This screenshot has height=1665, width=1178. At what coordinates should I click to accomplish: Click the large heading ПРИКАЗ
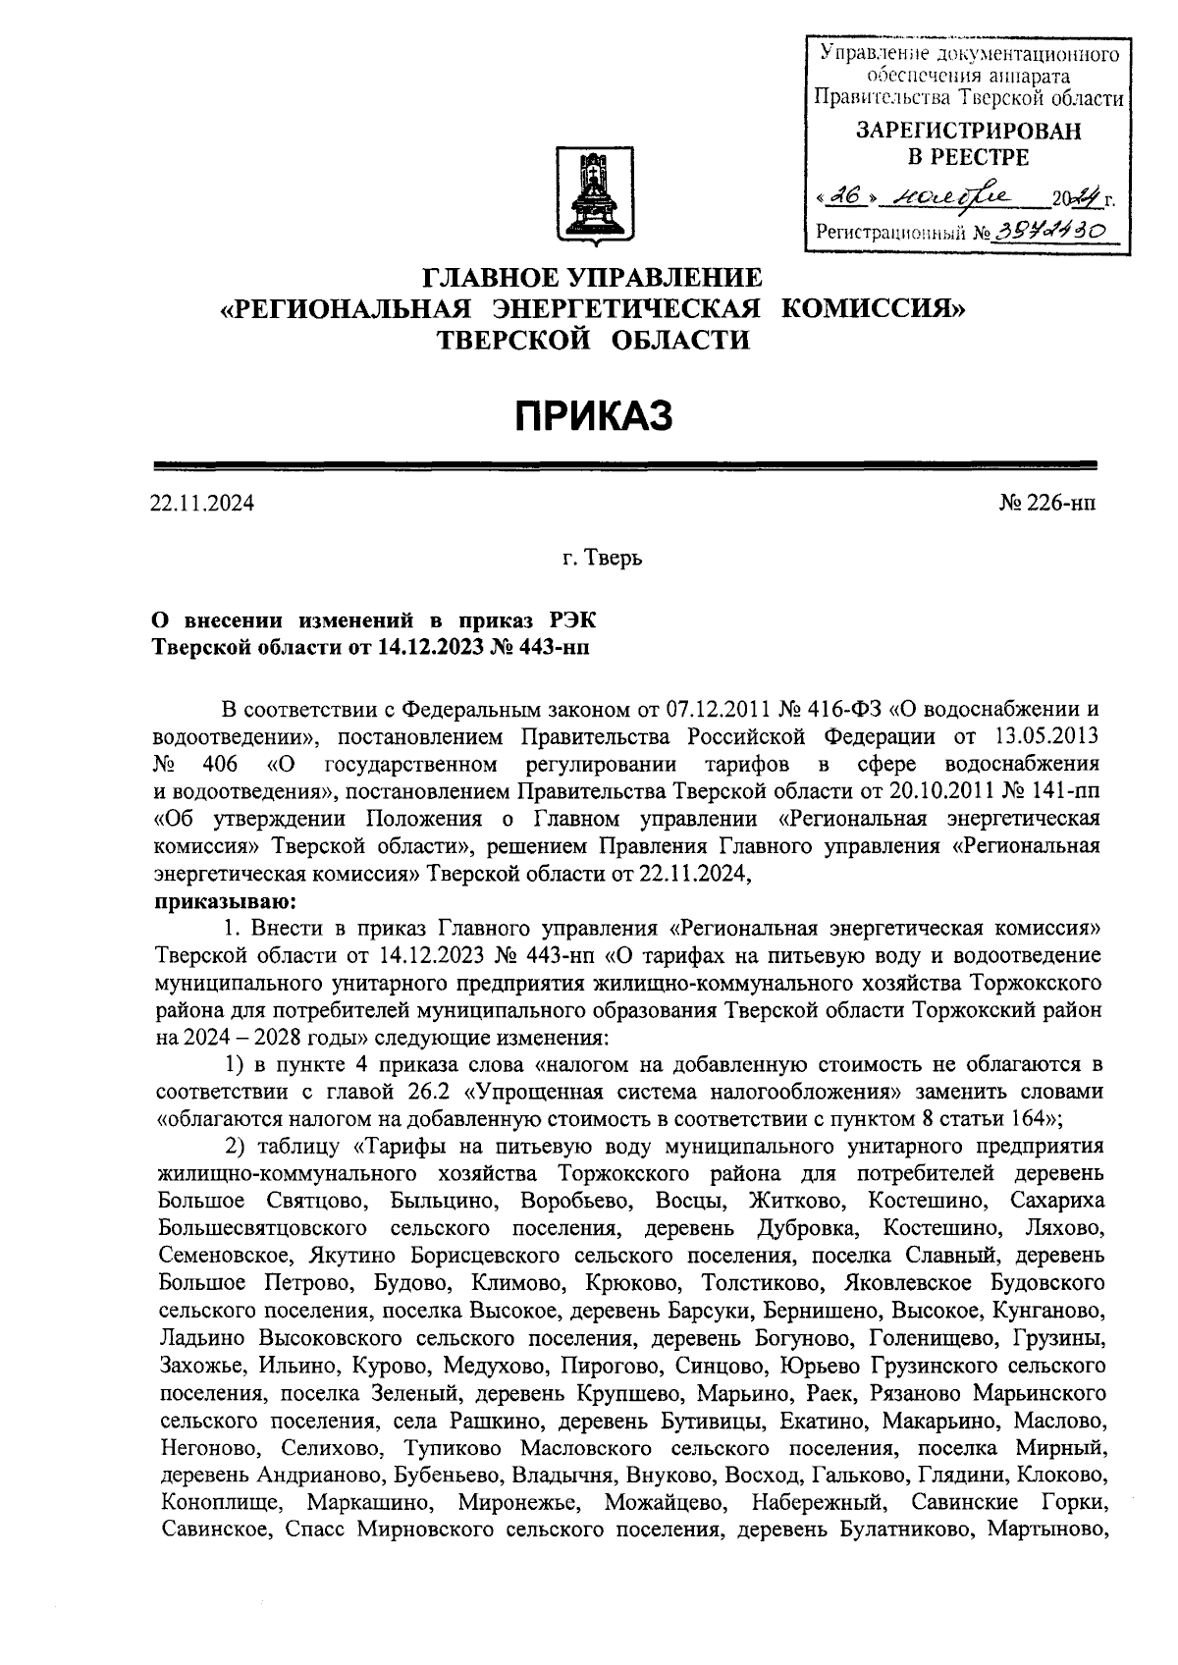pyautogui.click(x=594, y=415)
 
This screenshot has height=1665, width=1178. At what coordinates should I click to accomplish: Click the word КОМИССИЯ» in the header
pyautogui.click(x=874, y=309)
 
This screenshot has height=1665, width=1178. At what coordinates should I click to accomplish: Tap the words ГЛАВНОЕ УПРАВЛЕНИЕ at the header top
pyautogui.click(x=592, y=277)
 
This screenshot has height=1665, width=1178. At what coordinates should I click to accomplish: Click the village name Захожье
pyautogui.click(x=202, y=1366)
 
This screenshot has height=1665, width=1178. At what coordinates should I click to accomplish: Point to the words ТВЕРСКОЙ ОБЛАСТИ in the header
pyautogui.click(x=592, y=341)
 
